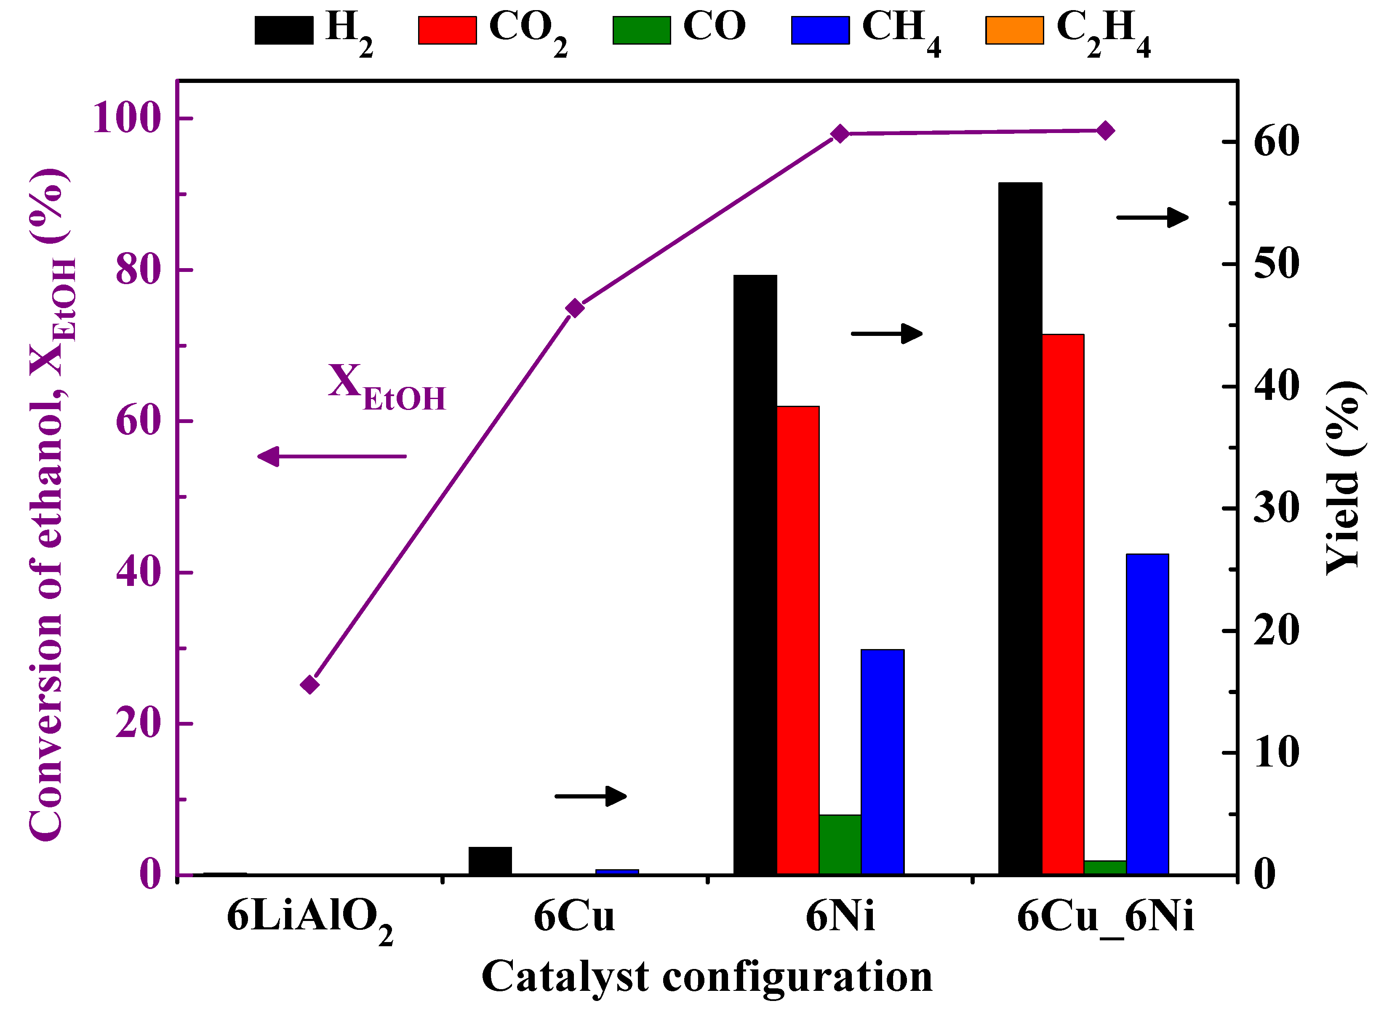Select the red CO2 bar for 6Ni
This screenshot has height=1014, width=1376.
[797, 639]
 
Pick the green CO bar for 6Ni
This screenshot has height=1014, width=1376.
[839, 844]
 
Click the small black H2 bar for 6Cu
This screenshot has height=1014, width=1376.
[489, 860]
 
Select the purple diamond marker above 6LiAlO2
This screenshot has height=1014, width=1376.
[309, 684]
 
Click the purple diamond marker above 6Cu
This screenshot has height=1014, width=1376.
[574, 308]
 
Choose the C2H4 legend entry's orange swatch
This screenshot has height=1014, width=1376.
[1014, 30]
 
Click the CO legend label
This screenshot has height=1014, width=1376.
[714, 27]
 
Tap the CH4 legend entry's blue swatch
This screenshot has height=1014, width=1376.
[820, 30]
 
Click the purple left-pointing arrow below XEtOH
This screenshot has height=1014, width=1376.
[331, 456]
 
